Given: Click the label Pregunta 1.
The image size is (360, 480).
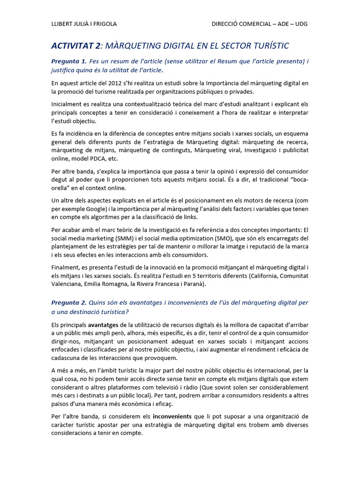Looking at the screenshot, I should click(x=69, y=61).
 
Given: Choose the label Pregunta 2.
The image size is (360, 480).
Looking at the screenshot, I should click(x=69, y=303).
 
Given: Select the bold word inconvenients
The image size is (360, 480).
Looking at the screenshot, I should click(x=172, y=416).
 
